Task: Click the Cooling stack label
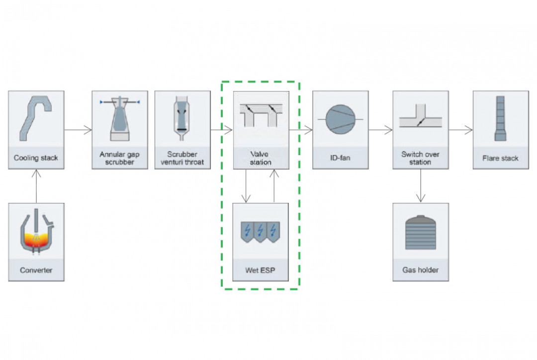[36, 158]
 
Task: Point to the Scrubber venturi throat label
[182, 158]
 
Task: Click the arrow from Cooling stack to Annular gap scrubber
[78, 130]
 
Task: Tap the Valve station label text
[261, 158]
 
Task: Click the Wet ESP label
[261, 270]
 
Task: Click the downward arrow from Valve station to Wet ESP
[246, 186]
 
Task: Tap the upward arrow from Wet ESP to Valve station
[274, 186]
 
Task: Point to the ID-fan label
[340, 158]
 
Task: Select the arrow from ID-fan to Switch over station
[380, 130]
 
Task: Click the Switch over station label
[420, 158]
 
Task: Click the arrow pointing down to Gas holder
[421, 186]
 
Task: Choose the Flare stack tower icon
[500, 118]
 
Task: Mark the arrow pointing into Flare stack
[460, 130]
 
